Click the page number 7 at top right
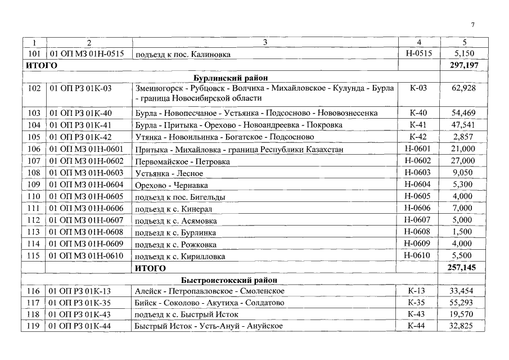[473, 25]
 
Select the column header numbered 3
[265, 43]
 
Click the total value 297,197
[463, 66]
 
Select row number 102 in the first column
[33, 88]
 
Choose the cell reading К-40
[418, 113]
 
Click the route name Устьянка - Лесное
[169, 173]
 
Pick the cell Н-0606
[418, 208]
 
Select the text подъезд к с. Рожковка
[176, 244]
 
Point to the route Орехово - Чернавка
[172, 185]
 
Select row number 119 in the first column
[33, 326]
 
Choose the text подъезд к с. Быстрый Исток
[187, 314]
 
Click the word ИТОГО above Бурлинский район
[42, 66]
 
